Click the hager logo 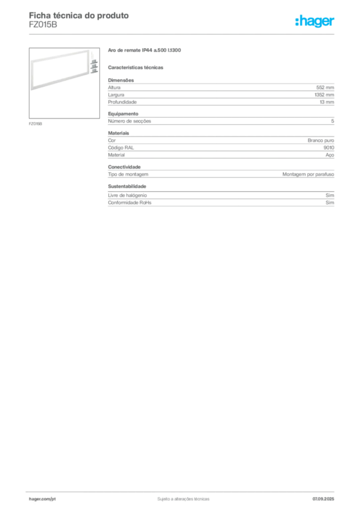coord(315,21)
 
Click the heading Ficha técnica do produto coord(79,15)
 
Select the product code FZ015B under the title coord(43,25)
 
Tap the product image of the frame coord(64,83)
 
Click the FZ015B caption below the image coord(35,124)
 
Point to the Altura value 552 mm coord(325,87)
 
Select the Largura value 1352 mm coord(324,95)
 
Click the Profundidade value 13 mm coord(327,102)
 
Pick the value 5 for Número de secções coord(333,121)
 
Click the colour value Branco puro coord(321,141)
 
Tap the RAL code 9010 coord(329,148)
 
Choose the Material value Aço coord(330,155)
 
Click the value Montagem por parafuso coord(308,174)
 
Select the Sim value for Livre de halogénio coord(330,195)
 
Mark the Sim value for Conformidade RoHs coord(330,203)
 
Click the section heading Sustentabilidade coord(127,186)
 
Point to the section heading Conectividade coord(124,167)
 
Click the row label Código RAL coord(121,148)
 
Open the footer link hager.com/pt coord(42,499)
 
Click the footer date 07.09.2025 coord(323,499)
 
